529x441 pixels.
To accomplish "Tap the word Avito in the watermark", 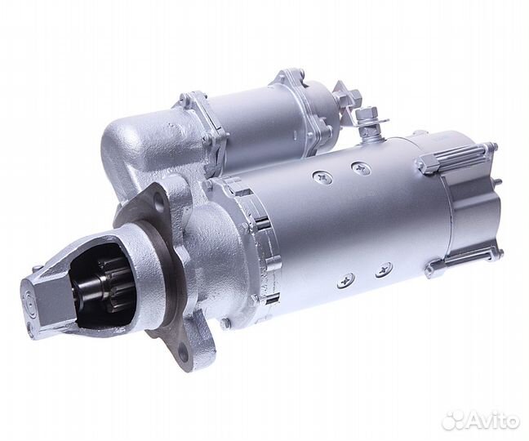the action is pyautogui.click(x=493, y=420).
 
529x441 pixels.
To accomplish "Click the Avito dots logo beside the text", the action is pyautogui.click(x=453, y=421).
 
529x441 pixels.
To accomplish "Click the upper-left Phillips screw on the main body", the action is pyautogui.click(x=321, y=176).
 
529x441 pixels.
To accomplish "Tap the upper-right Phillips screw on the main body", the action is pyautogui.click(x=360, y=167).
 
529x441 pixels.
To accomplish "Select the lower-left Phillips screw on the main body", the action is pyautogui.click(x=346, y=280).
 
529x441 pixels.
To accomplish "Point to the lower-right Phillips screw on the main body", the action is pyautogui.click(x=384, y=269).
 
